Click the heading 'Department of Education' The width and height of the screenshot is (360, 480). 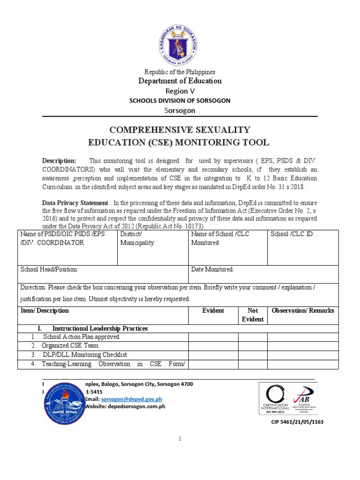[x=180, y=81]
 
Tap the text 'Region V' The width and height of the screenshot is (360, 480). [x=180, y=91]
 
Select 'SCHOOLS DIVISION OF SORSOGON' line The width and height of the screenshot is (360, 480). [x=180, y=101]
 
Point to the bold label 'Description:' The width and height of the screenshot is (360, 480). [x=59, y=161]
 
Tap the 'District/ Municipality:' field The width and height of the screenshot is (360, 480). [x=152, y=247]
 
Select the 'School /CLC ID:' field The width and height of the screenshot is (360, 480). [x=302, y=247]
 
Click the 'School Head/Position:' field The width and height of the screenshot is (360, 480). [x=103, y=274]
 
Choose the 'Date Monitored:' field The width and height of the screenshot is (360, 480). [x=263, y=274]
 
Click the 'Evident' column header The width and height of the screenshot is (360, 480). [x=213, y=311]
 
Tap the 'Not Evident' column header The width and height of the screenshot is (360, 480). [x=253, y=315]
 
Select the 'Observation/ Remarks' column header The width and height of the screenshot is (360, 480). [x=302, y=311]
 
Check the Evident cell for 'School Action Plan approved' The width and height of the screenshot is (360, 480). [x=213, y=337]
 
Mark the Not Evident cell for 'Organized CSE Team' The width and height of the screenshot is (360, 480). [x=253, y=346]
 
